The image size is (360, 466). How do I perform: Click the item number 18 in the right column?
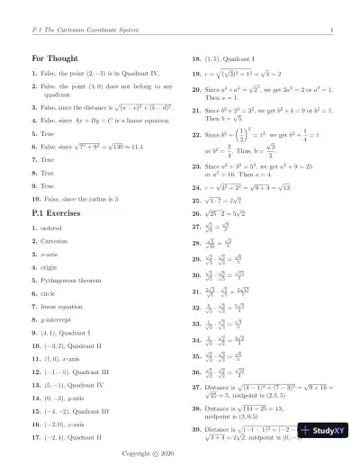197,56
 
